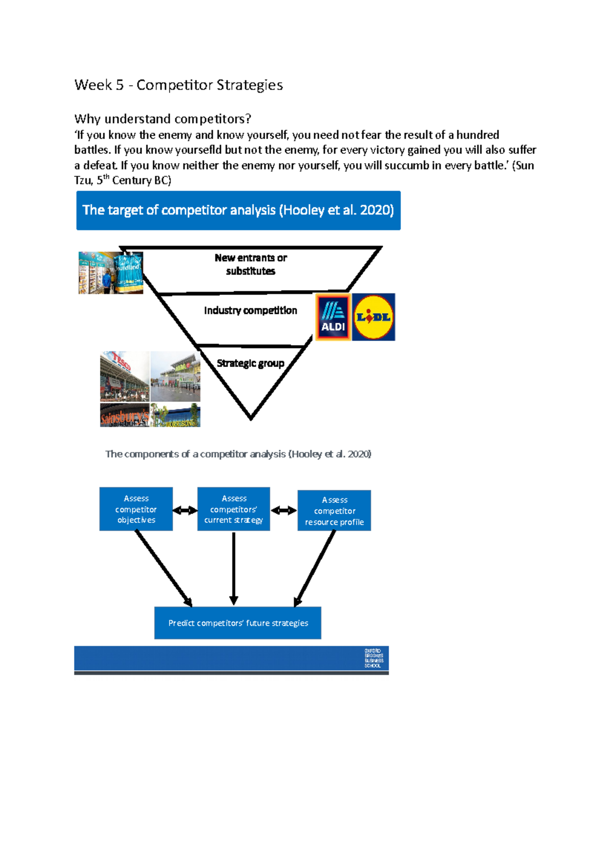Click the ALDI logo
[333, 317]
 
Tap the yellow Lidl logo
[373, 317]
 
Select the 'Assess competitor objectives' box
[136, 509]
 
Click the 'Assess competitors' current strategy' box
[233, 509]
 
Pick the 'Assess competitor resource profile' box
[334, 511]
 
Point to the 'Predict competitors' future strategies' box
[238, 623]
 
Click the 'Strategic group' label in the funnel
[250, 363]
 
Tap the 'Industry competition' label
[250, 310]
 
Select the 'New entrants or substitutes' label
[250, 264]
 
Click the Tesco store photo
[125, 376]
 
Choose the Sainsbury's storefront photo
[125, 415]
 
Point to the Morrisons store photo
[175, 415]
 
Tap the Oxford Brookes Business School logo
[373, 658]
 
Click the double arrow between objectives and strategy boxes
[185, 510]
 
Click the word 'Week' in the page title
[92, 85]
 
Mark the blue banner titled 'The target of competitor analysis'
[238, 211]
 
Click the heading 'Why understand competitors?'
[162, 119]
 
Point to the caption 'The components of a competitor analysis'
[238, 454]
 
